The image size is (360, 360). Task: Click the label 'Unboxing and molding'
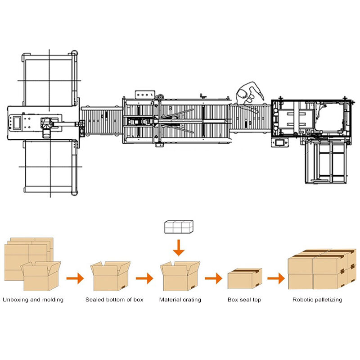33,300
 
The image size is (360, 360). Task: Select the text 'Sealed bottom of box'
114,300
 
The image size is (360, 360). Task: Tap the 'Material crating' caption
180,300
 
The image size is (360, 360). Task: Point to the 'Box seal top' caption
244,300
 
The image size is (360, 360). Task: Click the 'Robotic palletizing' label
317,300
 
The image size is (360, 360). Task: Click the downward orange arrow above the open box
179,247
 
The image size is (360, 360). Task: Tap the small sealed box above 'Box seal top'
245,278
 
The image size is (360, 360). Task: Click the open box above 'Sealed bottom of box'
110,276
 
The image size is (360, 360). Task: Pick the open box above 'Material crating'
180,276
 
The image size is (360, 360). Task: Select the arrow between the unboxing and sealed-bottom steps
75,278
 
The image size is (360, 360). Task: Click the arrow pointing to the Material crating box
144,278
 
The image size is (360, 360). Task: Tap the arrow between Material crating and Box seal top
214,278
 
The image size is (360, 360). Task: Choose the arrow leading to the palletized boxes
276,278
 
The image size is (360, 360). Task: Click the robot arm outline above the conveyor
249,94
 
